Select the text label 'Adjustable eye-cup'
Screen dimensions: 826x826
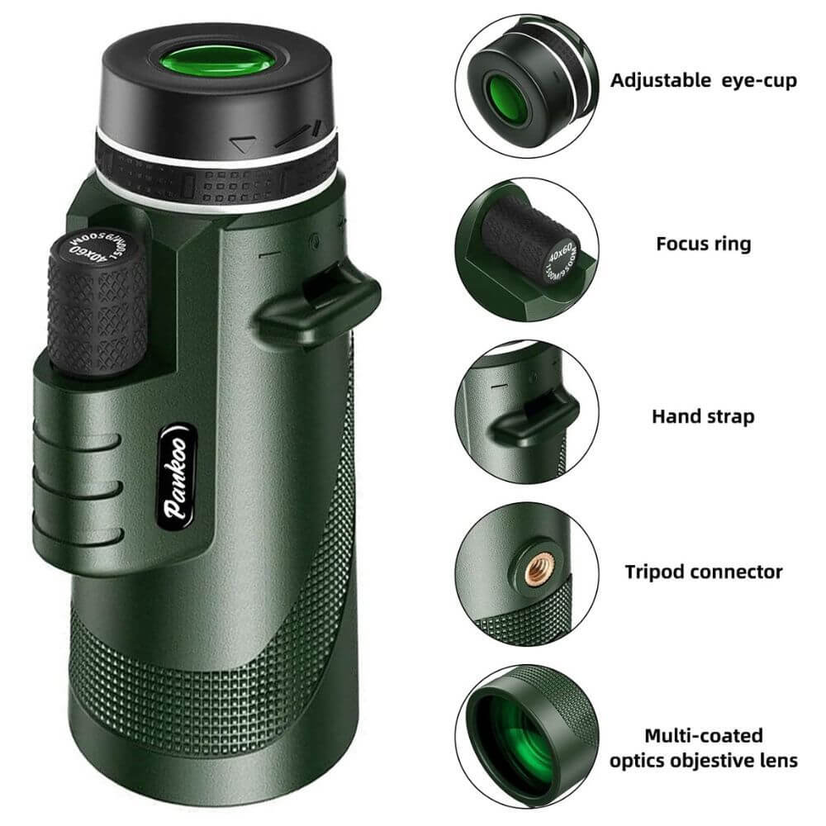(x=704, y=80)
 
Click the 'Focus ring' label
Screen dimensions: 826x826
(x=704, y=244)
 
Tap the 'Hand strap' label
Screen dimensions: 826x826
(x=703, y=415)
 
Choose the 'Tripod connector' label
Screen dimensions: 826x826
(x=703, y=571)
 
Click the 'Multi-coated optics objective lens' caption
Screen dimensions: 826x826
(x=704, y=747)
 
